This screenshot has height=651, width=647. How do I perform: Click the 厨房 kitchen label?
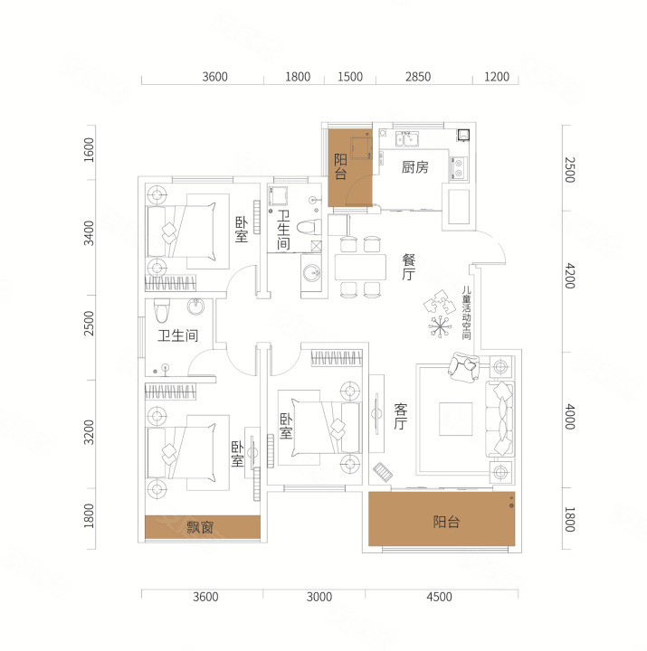point(414,167)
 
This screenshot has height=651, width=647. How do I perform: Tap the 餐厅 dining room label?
point(408,268)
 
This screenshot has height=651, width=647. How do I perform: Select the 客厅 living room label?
point(401,417)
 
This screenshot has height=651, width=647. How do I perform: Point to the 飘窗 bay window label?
point(200,527)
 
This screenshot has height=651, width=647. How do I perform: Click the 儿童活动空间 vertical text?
point(467,313)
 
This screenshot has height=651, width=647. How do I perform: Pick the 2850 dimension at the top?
point(418,77)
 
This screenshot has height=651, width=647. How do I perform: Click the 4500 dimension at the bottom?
point(439,597)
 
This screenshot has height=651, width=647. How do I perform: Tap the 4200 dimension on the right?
point(570,276)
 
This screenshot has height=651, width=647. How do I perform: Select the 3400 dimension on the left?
point(89,233)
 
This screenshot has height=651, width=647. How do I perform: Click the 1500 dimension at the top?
point(350,77)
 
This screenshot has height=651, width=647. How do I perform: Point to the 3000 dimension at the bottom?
point(319,597)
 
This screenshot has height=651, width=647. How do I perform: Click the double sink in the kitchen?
point(407,139)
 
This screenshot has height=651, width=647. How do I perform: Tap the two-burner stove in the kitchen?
point(459,168)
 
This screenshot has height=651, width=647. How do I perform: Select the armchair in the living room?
point(463,366)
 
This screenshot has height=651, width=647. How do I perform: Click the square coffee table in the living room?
point(456,419)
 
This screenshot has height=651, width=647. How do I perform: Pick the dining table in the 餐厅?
point(360,268)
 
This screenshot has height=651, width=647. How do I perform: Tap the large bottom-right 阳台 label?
point(446,522)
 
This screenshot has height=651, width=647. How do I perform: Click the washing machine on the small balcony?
point(360,148)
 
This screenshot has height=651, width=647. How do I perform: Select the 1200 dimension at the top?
point(497,77)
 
